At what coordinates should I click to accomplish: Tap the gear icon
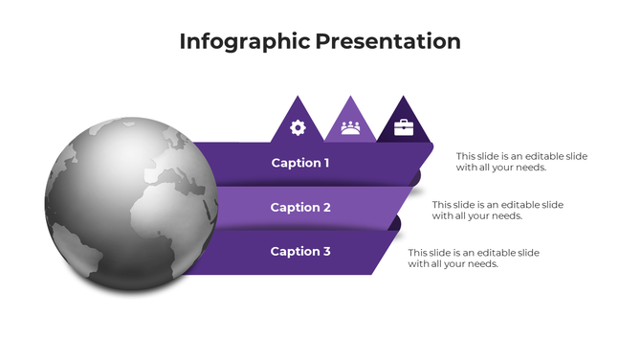[x=298, y=126]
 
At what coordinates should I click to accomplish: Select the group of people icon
[x=350, y=126]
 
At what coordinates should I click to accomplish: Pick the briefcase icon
[x=403, y=126]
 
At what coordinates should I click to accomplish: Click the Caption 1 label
[x=300, y=163]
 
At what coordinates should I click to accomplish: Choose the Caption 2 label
[x=300, y=207]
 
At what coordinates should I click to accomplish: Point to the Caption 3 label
[x=300, y=251]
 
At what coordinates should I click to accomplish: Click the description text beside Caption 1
[x=521, y=161]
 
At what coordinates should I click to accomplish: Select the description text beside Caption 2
[x=497, y=210]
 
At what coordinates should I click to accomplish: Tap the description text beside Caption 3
[x=474, y=258]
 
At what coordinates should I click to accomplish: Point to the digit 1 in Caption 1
[x=326, y=163]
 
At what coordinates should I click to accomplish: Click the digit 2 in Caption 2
[x=327, y=207]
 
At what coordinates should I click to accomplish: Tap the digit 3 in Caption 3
[x=327, y=251]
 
